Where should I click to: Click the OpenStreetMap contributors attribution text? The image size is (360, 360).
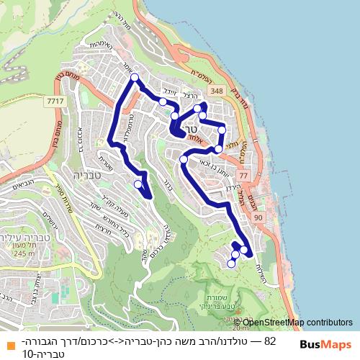[x=298, y=323]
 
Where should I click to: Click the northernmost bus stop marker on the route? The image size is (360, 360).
[x=132, y=83]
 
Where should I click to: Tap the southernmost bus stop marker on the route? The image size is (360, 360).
[x=231, y=264]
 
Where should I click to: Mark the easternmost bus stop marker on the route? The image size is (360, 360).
[x=243, y=250]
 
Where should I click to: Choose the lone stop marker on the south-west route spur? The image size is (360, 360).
[x=138, y=184]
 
